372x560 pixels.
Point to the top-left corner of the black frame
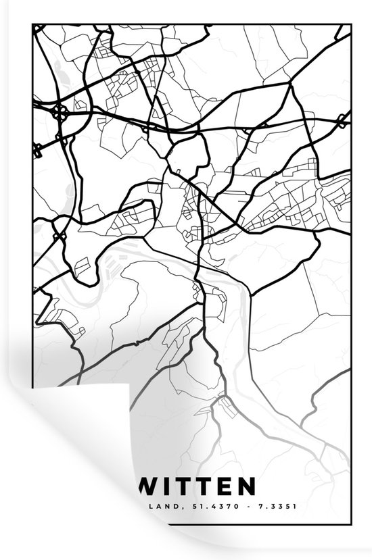click(x=32, y=25)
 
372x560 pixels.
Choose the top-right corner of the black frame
click(x=350, y=25)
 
